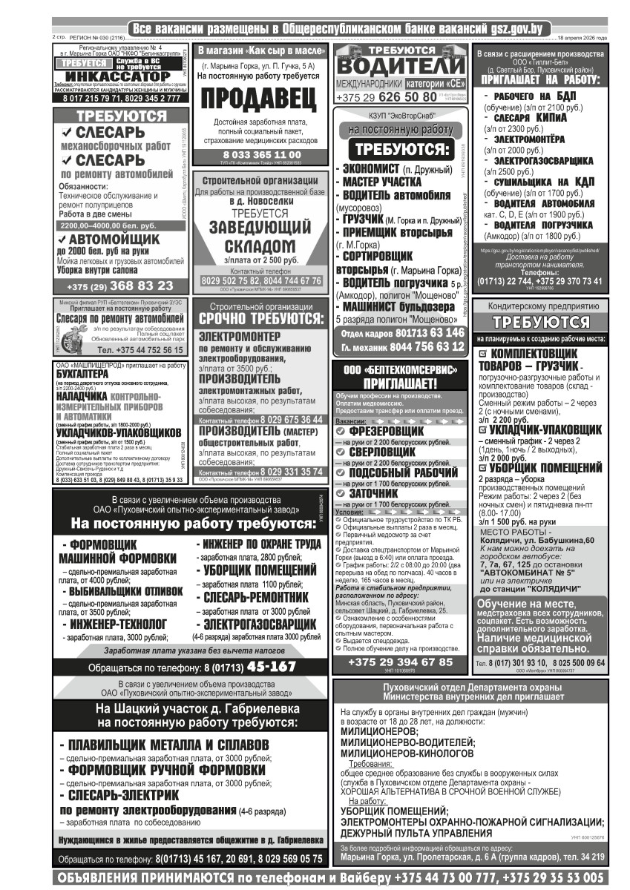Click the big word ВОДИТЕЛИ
click(x=402, y=65)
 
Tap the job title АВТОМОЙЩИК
click(x=114, y=240)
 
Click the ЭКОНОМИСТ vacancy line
click(x=372, y=169)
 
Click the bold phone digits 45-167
click(x=272, y=667)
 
